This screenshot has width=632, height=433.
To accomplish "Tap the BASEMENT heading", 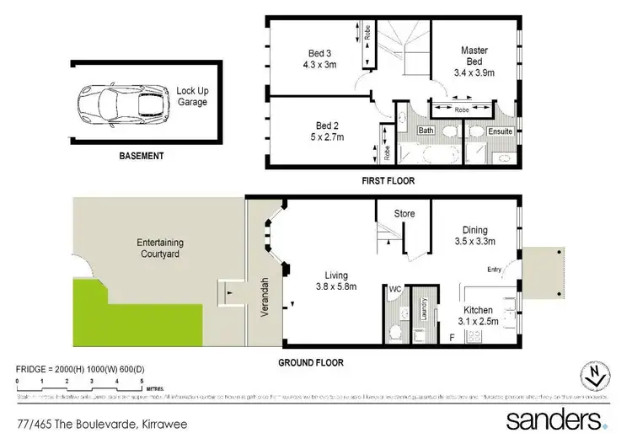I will click(141, 156).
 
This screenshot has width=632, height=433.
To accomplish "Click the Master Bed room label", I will click(474, 56).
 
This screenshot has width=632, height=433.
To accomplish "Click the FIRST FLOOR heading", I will click(388, 180).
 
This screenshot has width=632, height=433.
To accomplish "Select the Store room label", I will click(404, 214).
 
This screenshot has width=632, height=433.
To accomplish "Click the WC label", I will click(394, 289).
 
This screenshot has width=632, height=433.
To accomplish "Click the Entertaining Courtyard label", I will click(160, 248).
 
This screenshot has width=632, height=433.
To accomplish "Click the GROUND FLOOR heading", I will click(312, 363).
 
